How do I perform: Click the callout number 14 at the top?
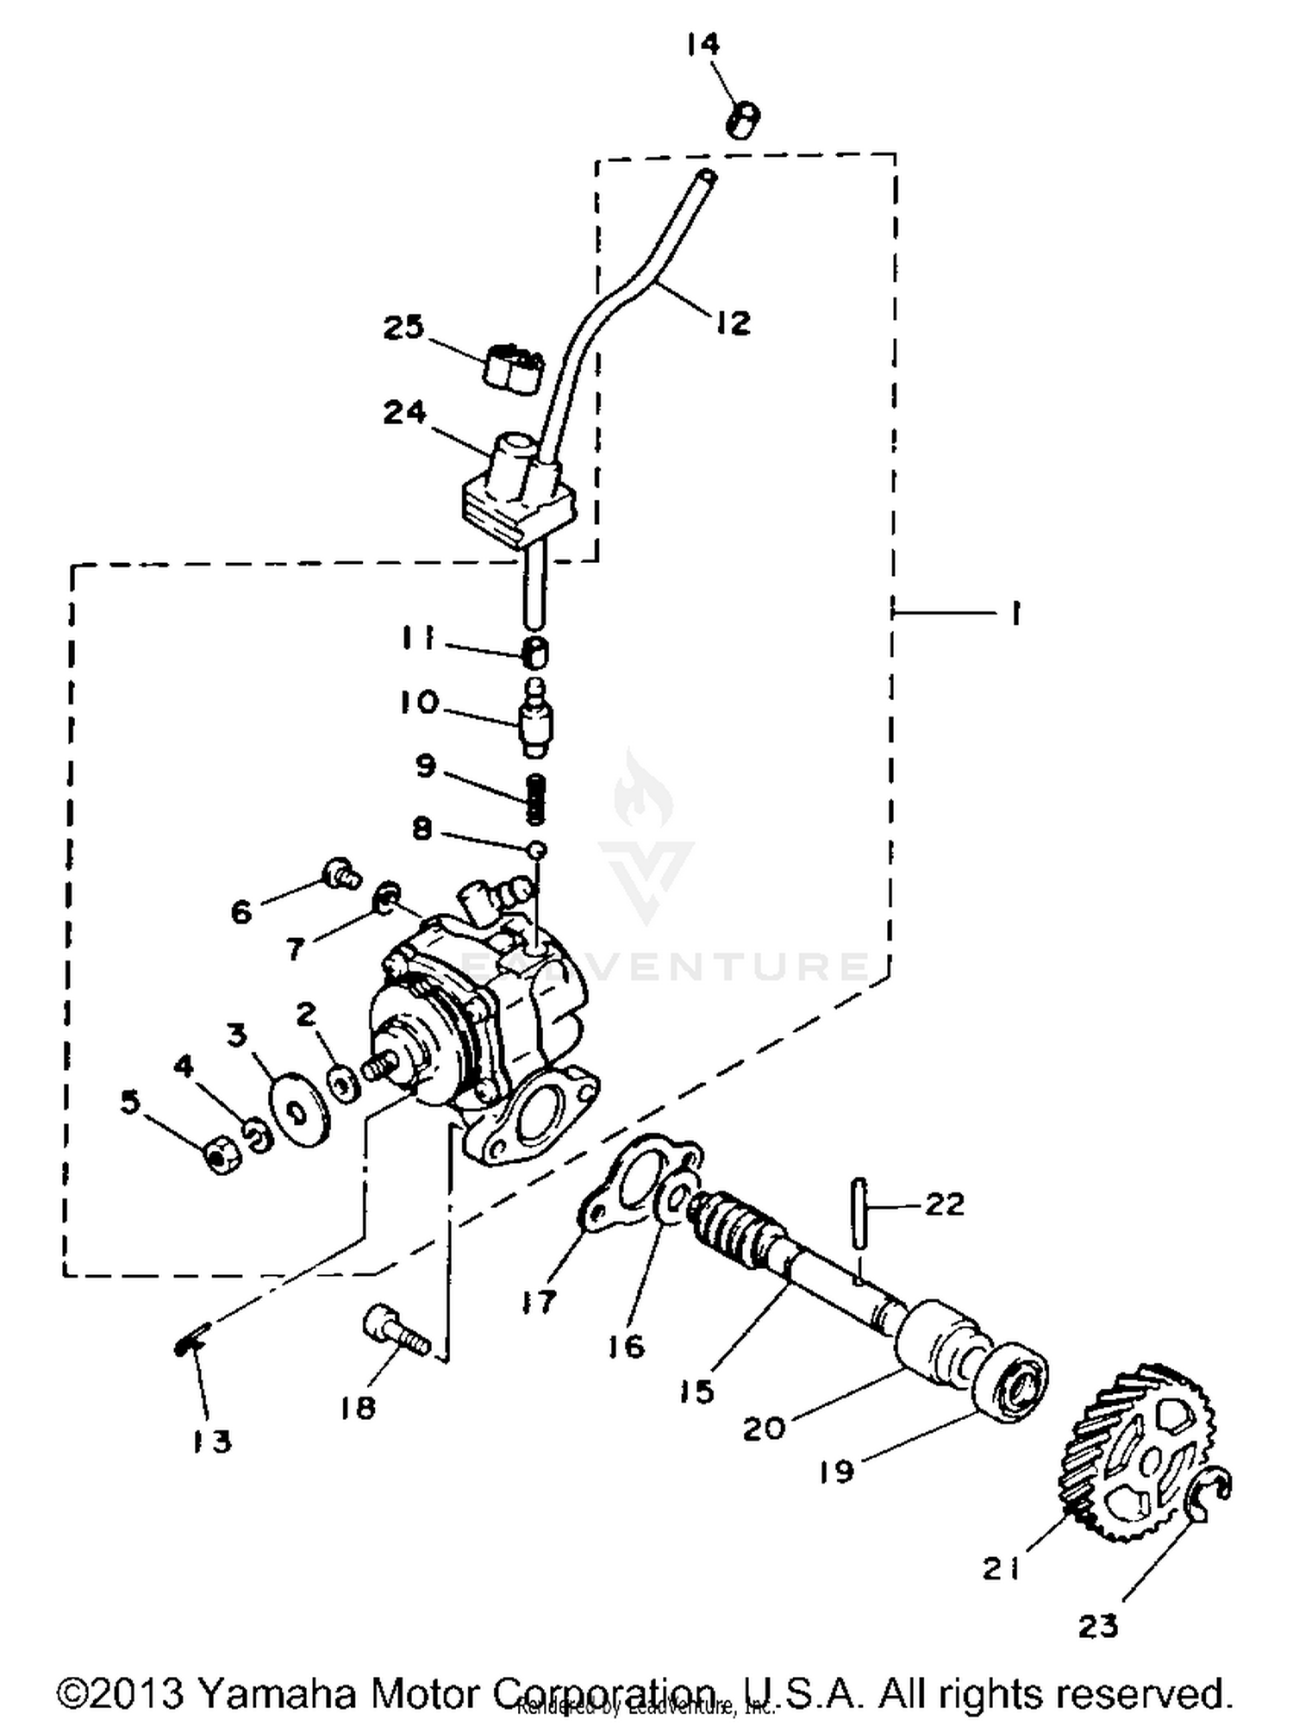703,43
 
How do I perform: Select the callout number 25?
404,328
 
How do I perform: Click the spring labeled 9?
536,797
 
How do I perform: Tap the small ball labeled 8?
536,850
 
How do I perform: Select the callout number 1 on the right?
1015,614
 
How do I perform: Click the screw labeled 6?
341,873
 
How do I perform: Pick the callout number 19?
835,1472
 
